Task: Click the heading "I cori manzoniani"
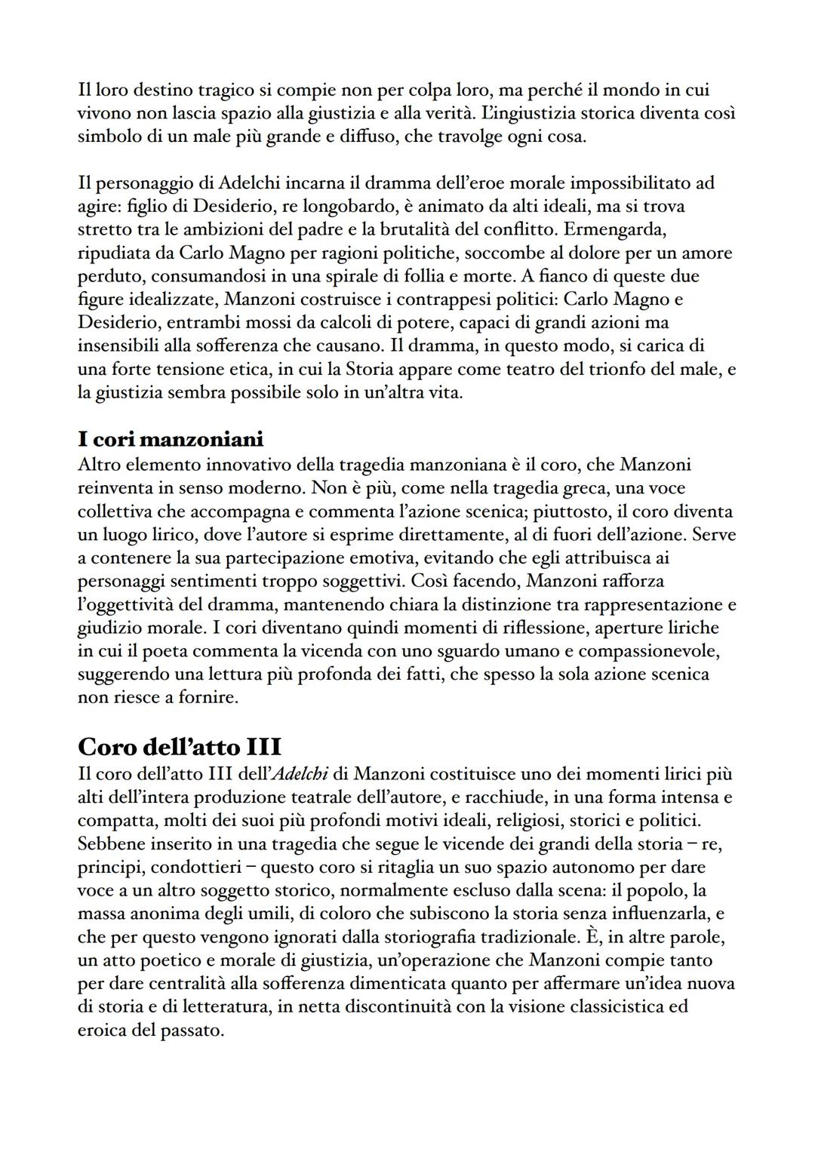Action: (171, 438)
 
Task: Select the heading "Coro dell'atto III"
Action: (180, 746)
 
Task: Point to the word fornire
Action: (209, 697)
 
